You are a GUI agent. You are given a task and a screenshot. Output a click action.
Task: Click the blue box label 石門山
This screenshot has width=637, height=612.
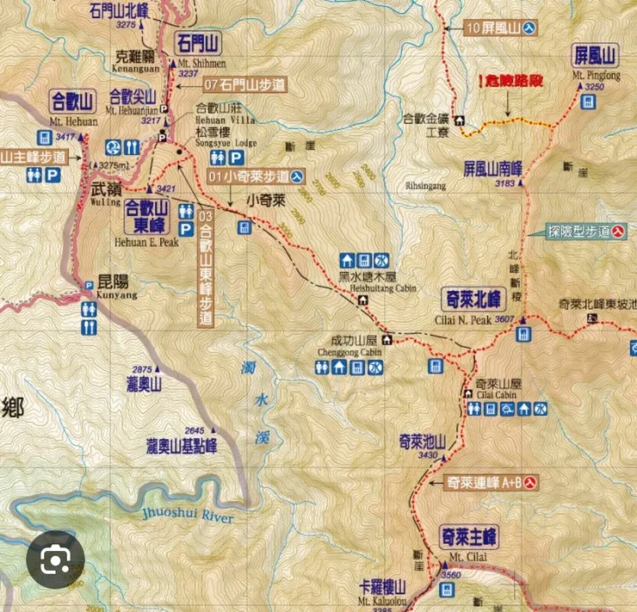point(198,43)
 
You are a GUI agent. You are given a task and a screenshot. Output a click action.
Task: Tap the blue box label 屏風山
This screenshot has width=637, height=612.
point(595,57)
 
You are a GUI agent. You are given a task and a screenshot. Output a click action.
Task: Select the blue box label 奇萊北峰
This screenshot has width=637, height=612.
point(472,300)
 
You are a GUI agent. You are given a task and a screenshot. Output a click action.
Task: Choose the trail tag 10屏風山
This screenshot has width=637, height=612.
point(502,28)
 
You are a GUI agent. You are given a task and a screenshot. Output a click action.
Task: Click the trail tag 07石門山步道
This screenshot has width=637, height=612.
point(244,84)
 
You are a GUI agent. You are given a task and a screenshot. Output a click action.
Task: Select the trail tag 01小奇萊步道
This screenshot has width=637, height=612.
point(256,176)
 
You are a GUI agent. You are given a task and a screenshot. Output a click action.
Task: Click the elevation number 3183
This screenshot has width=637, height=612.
point(505,182)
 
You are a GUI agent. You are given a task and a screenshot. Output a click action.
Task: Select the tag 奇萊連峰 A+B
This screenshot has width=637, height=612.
point(492,483)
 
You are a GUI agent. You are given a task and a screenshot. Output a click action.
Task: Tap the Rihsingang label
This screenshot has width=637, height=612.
point(424,185)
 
